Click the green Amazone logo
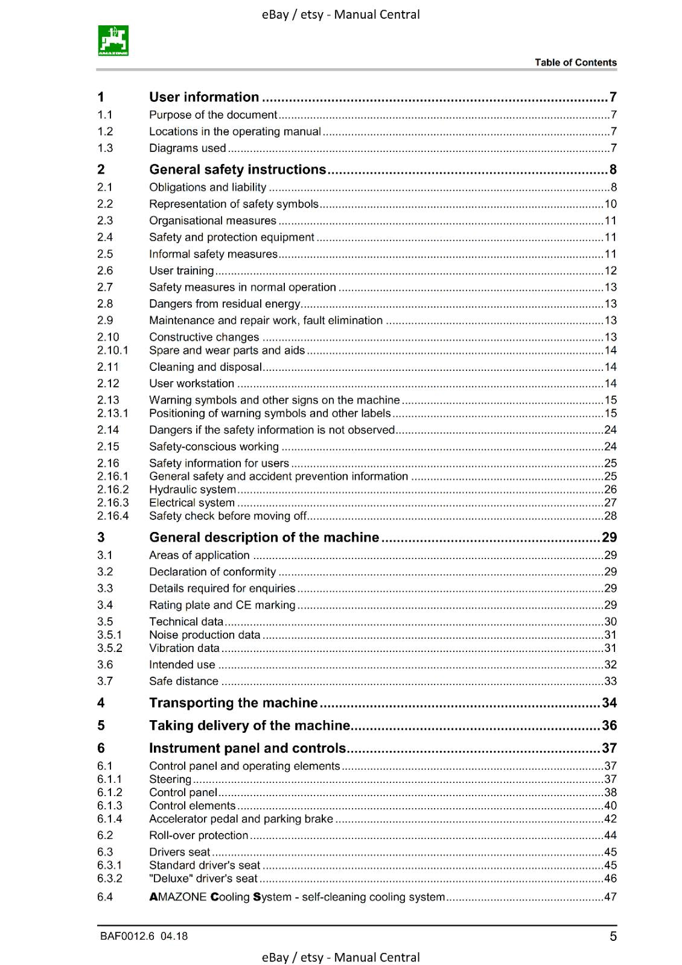113,40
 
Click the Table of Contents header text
575,63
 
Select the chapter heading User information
204,97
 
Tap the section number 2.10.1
113,350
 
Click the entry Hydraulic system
193,490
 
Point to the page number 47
610,897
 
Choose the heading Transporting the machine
233,703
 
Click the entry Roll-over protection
199,835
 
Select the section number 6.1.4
110,819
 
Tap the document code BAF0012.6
127,936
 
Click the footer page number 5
613,936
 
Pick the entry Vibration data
184,648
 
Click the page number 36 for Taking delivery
609,726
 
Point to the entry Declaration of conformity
212,572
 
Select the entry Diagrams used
188,148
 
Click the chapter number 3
101,537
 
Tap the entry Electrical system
192,503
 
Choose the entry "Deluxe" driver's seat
203,879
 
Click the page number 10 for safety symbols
610,204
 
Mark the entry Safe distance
183,682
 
